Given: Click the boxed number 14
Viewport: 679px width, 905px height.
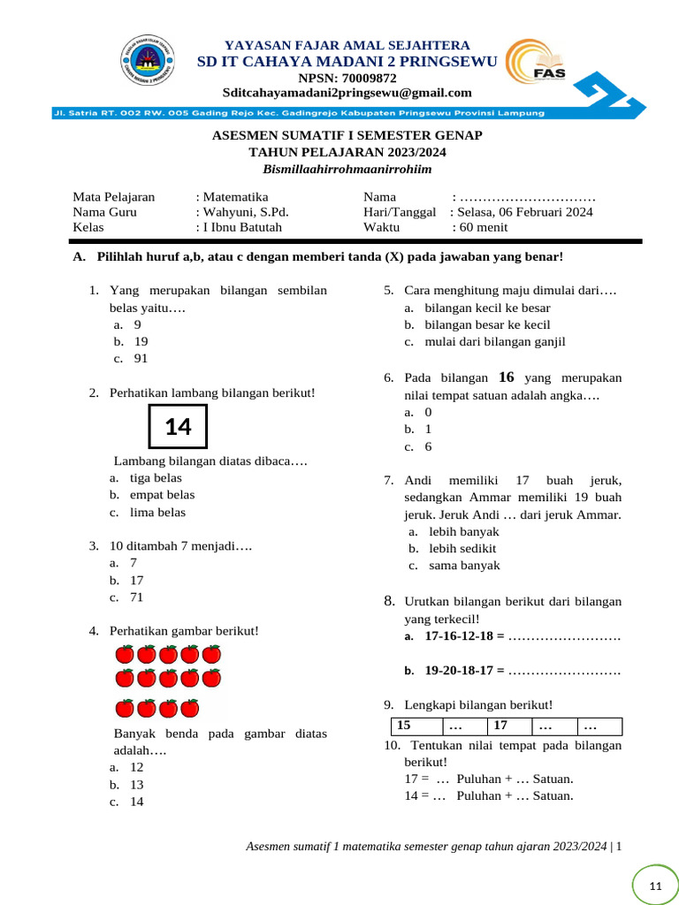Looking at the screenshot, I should (178, 427).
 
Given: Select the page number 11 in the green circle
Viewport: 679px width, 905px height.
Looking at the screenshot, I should (655, 886).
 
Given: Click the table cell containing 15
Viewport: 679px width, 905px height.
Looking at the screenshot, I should (415, 726).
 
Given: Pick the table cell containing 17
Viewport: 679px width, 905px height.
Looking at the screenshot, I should (508, 726).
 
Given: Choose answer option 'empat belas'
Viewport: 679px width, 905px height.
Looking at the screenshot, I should (162, 495).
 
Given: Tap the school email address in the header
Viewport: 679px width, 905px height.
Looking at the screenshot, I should (347, 93).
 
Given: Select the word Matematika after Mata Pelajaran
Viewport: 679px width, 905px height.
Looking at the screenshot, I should (235, 197).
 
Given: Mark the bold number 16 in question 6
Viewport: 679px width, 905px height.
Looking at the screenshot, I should (507, 376).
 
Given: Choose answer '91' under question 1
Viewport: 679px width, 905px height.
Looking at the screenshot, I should (141, 358).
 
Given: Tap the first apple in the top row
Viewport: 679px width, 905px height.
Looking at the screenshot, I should (125, 654).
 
